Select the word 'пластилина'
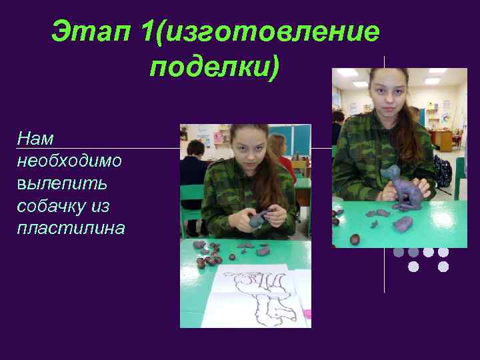(x=71, y=229)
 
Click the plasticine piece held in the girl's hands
(x=260, y=218)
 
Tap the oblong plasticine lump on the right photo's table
(x=403, y=223)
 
